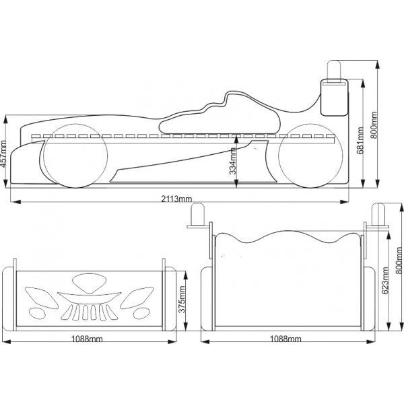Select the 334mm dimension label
point(233,162)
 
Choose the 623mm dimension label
point(385,281)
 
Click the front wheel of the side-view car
point(73,154)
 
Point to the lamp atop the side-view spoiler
point(335,70)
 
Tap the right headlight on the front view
point(143,297)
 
